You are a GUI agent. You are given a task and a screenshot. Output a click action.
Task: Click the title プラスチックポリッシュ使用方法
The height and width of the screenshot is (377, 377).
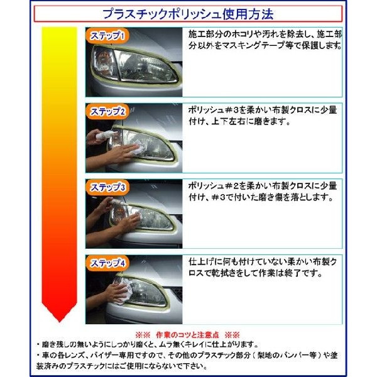[189, 13]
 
